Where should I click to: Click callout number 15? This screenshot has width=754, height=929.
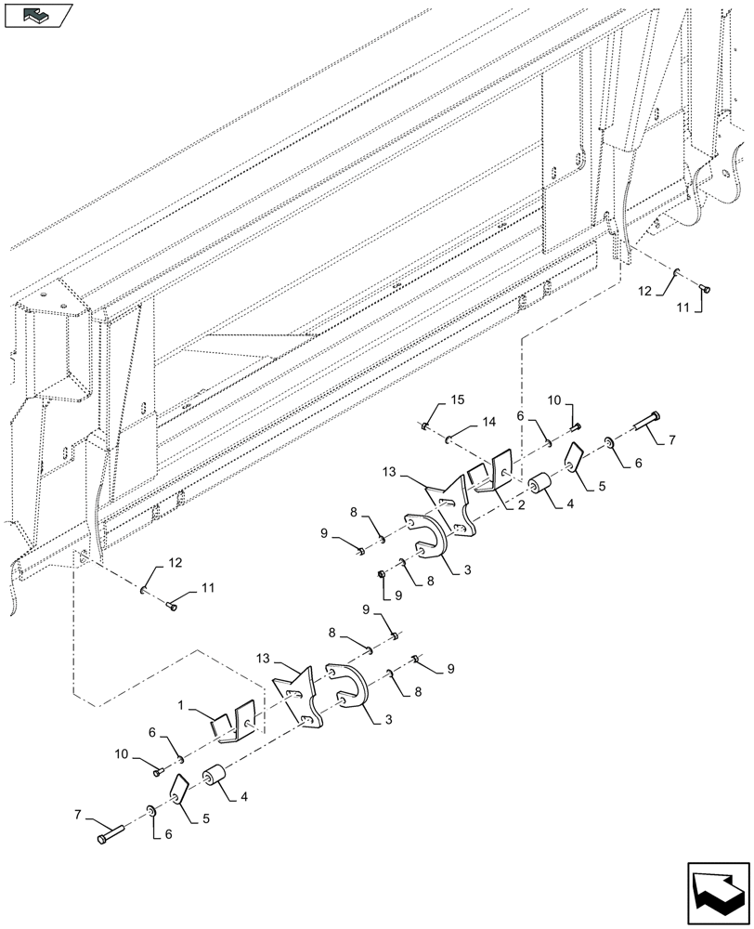click(457, 400)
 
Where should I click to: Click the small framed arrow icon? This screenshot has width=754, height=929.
click(38, 14)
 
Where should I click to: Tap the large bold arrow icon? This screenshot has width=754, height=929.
click(716, 889)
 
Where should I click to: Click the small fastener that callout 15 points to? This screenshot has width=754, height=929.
click(425, 426)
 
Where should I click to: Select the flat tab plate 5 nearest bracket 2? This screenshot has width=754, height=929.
click(573, 457)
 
